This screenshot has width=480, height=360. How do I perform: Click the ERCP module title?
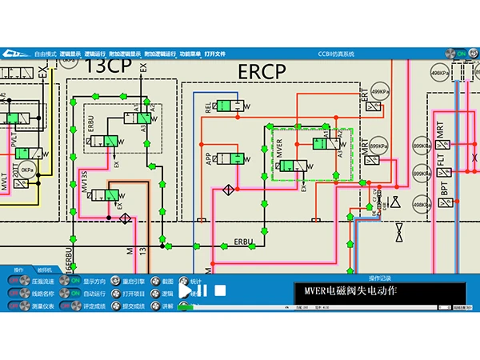coord(262,71)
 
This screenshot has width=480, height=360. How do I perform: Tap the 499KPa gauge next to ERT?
coord(380,91)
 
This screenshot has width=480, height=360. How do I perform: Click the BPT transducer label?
coord(444,190)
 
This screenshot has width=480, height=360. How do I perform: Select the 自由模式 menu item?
coord(46,53)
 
